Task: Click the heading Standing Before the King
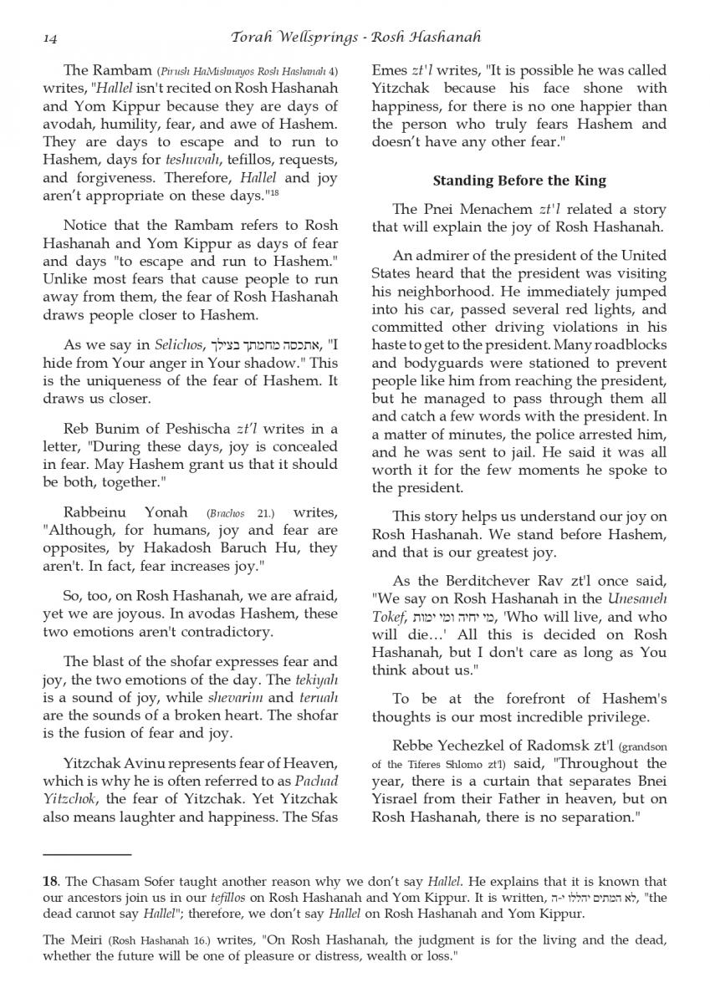tap(519, 181)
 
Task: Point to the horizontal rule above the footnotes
tap(87, 854)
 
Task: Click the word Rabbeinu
tap(93, 512)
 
